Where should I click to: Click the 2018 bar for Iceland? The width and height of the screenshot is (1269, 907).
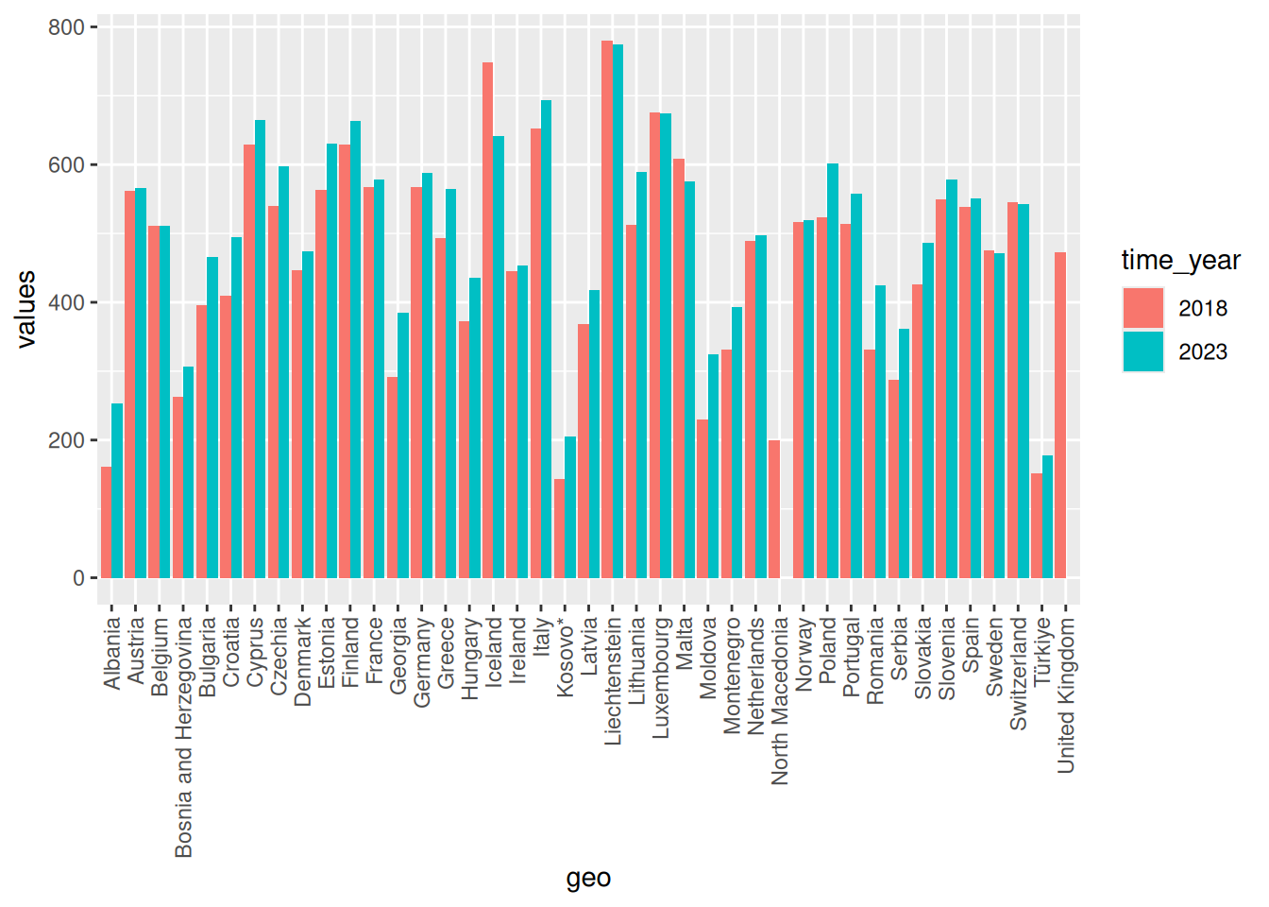pos(487,321)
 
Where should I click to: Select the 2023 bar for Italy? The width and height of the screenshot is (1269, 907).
pos(546,340)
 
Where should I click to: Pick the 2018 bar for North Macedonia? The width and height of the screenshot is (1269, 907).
pos(774,509)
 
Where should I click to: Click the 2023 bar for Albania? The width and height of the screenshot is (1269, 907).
pos(117,491)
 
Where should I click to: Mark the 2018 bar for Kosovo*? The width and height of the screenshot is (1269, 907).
pos(560,529)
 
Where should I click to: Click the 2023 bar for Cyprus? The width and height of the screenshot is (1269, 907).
pos(260,350)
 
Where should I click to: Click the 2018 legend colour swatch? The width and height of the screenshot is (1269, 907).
pos(1142,308)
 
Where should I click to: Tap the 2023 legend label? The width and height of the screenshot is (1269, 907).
pos(1203,352)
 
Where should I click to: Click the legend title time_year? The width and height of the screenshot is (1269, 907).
pos(1180,260)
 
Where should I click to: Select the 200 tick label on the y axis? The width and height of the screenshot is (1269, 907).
pos(66,440)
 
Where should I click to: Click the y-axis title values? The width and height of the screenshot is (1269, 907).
pos(25,309)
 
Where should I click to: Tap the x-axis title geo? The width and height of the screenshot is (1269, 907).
pos(588,878)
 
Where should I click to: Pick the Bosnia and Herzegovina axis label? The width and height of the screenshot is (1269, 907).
pos(183,737)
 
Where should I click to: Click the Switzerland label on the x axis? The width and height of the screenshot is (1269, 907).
pos(1018,673)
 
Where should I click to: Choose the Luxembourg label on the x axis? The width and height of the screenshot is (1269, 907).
pos(660,677)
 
